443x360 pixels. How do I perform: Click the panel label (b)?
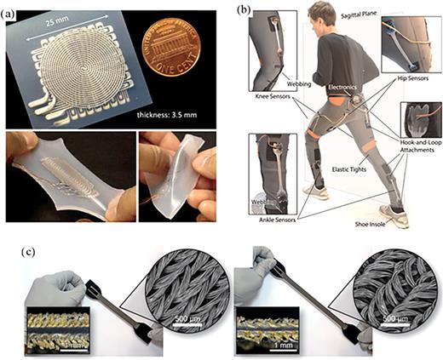(x=230, y=11)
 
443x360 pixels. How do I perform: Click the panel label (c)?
(x=11, y=252)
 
